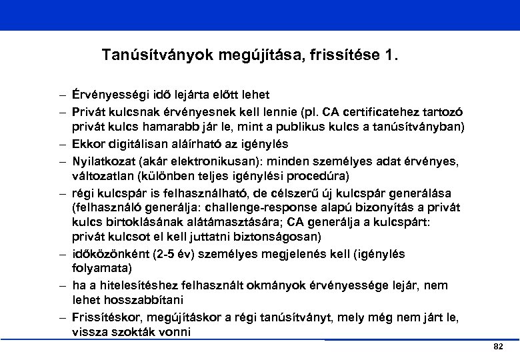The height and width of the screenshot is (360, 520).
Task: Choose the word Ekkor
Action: [x=89, y=143]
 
